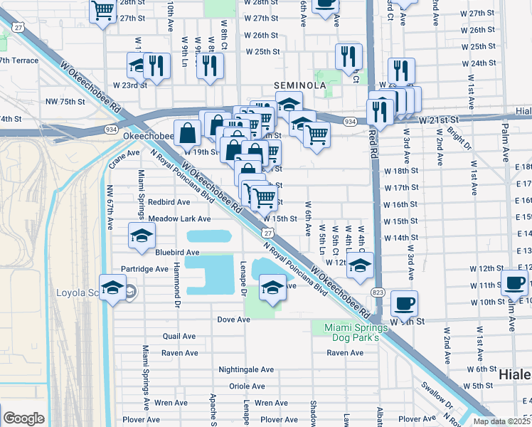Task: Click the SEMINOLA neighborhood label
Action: (299, 85)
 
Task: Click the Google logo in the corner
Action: (23, 418)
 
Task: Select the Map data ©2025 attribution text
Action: (502, 421)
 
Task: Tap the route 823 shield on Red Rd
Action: (377, 292)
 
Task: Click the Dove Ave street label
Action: (234, 320)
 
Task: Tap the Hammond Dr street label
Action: (176, 285)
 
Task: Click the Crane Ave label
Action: (124, 158)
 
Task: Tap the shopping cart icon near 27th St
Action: (103, 11)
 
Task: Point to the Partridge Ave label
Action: (145, 269)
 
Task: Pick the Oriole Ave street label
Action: (247, 386)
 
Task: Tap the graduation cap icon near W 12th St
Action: (361, 265)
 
